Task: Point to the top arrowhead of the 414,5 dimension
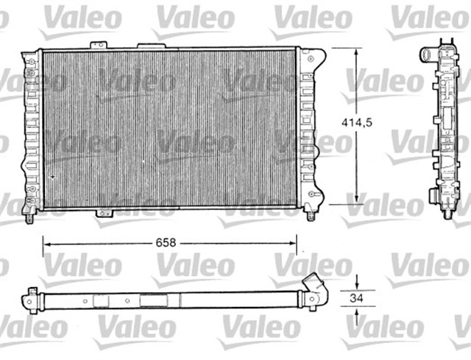point(358,52)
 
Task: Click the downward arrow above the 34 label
point(357,286)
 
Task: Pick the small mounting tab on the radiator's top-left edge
point(96,46)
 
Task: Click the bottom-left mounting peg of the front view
point(29,216)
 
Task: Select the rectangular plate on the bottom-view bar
point(152,300)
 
